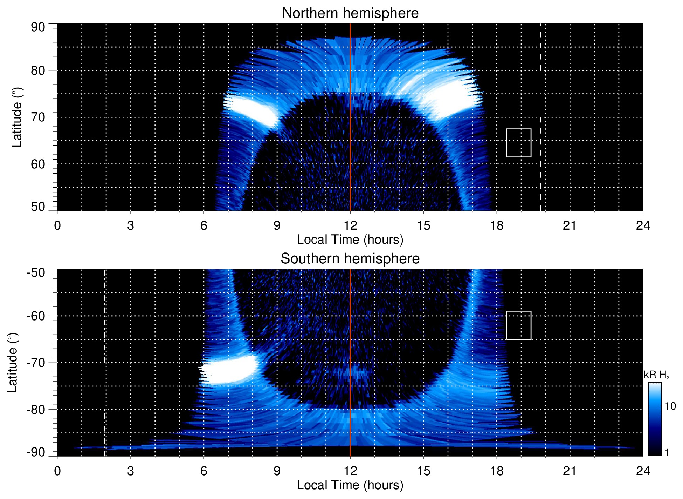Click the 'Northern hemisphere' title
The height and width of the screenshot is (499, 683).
coord(350,13)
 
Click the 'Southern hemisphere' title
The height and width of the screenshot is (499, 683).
coord(350,259)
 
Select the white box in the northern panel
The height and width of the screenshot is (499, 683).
coord(518,143)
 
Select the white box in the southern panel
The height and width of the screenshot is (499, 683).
coord(518,325)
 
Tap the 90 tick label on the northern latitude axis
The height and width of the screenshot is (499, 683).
coord(38,27)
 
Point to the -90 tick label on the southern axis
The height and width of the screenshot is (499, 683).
coord(36,452)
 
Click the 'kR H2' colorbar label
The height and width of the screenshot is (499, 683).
coord(656,375)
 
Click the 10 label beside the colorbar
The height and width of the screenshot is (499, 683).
coord(670,406)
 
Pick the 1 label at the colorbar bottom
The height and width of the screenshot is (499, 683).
coord(667,452)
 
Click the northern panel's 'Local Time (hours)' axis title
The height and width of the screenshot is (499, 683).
coord(350,240)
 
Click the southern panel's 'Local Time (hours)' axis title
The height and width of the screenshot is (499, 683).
coord(350,485)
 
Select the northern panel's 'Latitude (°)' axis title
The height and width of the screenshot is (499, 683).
coord(17,117)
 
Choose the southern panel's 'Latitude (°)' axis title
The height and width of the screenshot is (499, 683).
coord(13,363)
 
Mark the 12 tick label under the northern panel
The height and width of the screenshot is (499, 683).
coord(350,225)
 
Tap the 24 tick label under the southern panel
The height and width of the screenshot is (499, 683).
coord(643,471)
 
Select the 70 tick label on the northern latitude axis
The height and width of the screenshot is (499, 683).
coord(38,117)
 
